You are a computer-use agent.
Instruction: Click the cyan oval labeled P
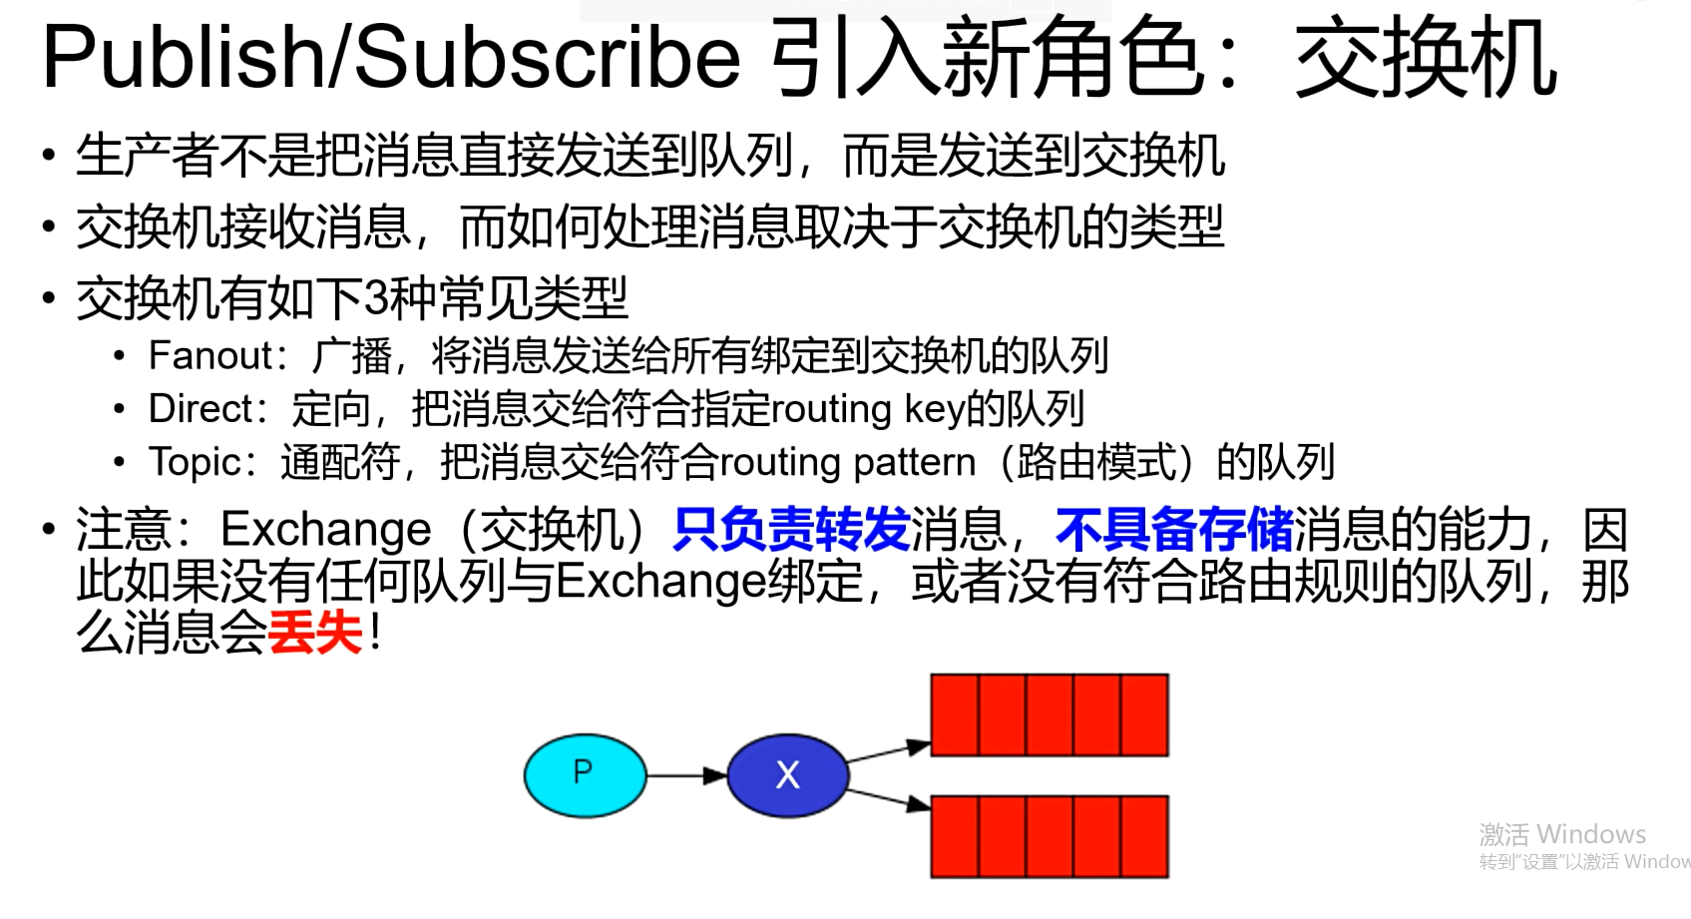(585, 775)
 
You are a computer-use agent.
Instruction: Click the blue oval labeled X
(787, 775)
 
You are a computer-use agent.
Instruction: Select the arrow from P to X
(686, 775)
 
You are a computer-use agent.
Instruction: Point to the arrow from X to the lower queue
(888, 798)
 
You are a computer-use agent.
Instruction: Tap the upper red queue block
(1050, 714)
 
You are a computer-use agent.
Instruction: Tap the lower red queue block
(1050, 836)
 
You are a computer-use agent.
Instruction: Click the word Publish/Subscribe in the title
(391, 58)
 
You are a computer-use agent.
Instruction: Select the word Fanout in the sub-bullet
(210, 356)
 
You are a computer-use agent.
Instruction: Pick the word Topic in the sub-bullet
(194, 462)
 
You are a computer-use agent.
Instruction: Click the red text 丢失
(315, 633)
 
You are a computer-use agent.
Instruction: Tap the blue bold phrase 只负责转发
(791, 530)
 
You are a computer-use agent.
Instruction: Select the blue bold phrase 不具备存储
(1174, 530)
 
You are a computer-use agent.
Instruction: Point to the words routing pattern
(848, 462)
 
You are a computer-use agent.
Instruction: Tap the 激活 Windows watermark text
(1562, 834)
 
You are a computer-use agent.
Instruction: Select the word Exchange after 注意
(326, 530)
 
